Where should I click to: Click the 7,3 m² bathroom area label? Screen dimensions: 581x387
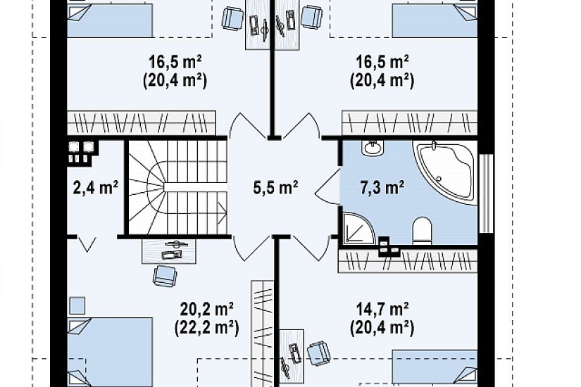click(382, 188)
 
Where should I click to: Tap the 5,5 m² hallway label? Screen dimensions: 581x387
click(275, 188)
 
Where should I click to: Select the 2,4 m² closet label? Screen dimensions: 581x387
click(96, 188)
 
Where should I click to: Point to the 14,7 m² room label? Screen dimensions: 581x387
click(382, 307)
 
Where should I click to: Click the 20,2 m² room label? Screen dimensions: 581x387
click(207, 307)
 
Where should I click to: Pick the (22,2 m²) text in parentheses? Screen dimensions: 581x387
click(207, 328)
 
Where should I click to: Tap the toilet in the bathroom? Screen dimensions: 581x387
click(422, 231)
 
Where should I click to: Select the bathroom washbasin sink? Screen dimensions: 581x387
click(373, 148)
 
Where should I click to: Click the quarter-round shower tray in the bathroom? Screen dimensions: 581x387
click(357, 229)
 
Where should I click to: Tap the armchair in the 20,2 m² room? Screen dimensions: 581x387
click(165, 275)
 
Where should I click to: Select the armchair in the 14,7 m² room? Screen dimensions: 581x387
click(318, 354)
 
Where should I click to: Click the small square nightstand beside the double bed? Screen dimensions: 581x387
click(77, 306)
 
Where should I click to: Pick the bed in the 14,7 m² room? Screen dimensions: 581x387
click(435, 369)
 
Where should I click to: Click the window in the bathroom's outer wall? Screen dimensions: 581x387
click(487, 193)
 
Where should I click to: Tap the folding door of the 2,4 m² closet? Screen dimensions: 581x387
click(87, 244)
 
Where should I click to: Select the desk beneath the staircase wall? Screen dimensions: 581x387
click(169, 251)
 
